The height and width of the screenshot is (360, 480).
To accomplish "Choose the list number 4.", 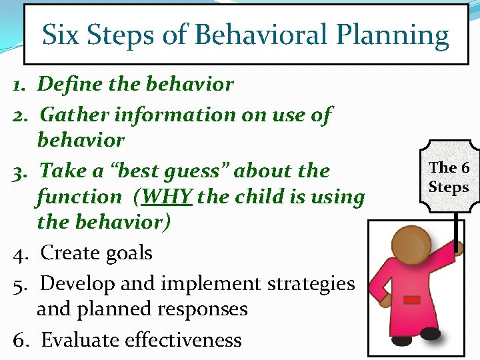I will click(19, 254).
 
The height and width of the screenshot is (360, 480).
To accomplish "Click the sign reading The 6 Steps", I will click(448, 177).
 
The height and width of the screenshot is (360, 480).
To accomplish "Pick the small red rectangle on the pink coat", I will click(413, 301).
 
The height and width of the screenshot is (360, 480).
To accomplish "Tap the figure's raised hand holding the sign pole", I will click(457, 248).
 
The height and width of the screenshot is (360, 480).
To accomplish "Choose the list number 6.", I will click(19, 340).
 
